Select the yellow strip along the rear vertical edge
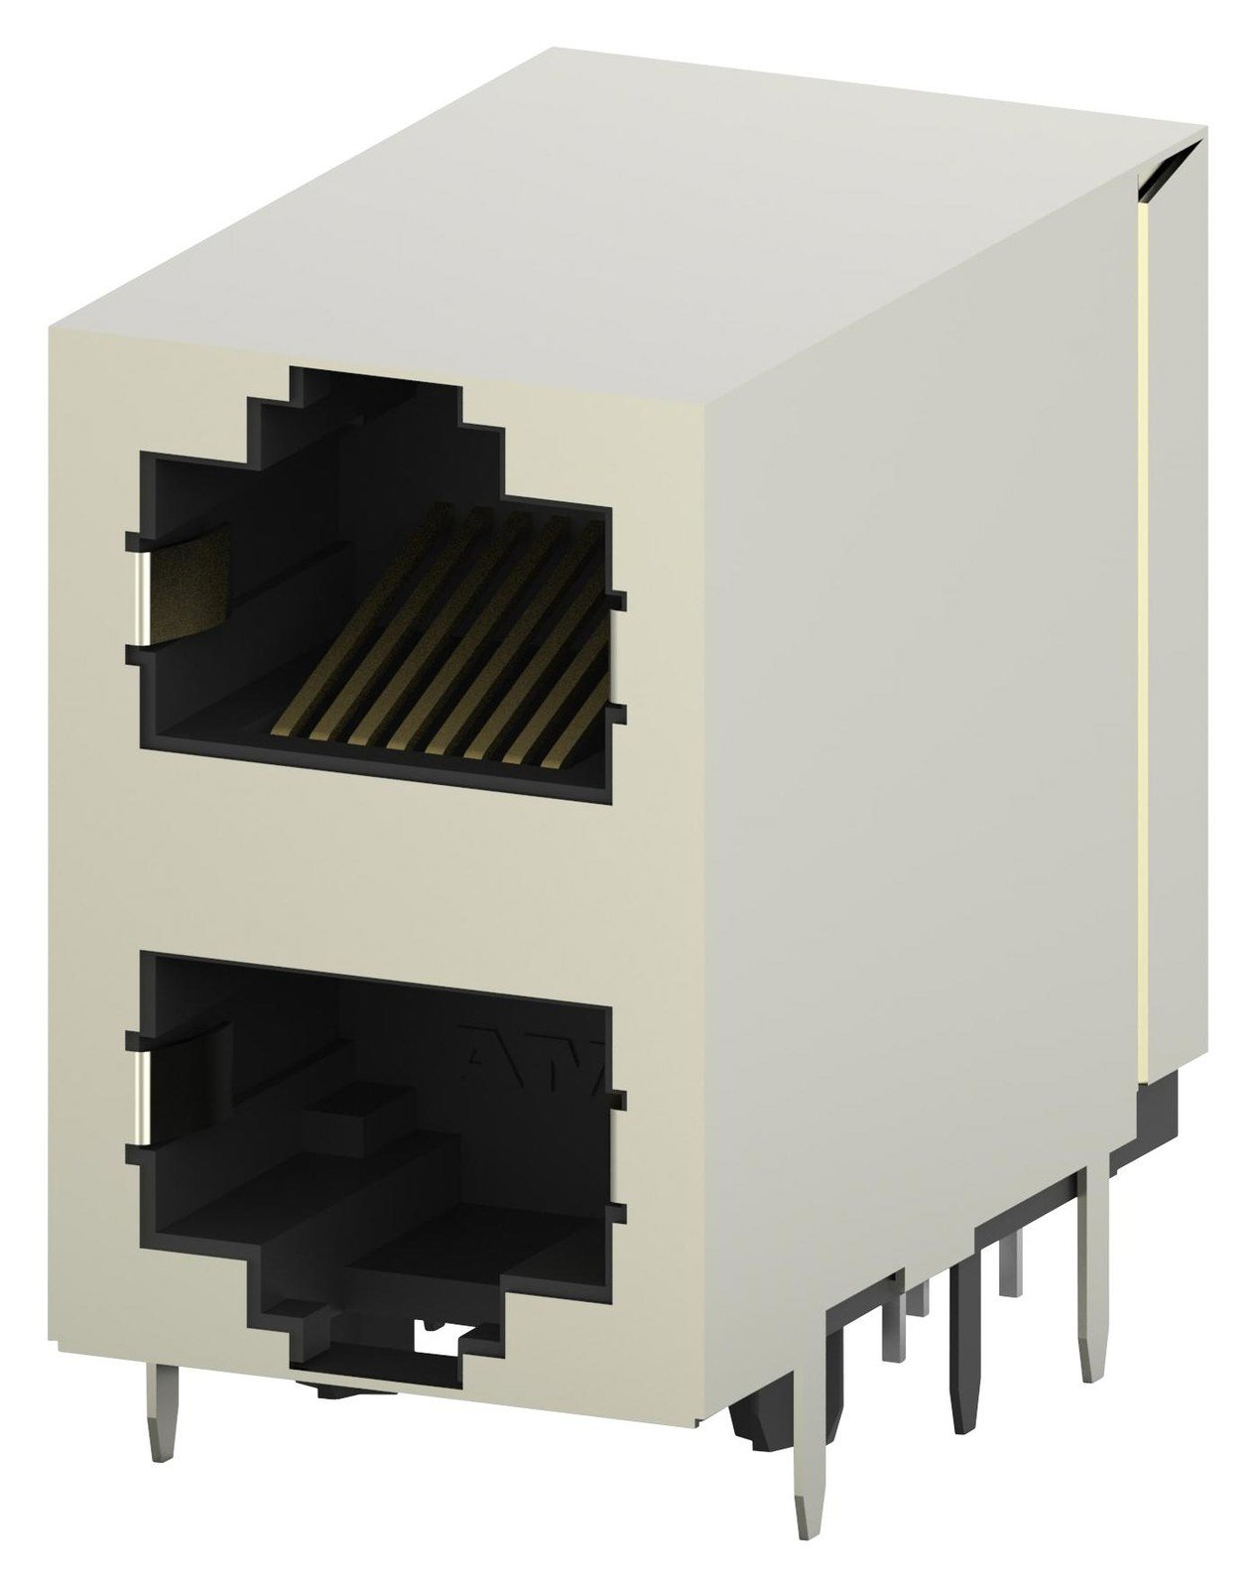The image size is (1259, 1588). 1143,645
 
